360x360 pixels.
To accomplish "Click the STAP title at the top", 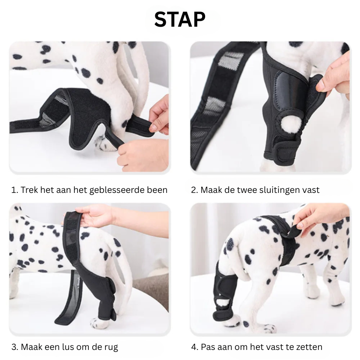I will [180, 19].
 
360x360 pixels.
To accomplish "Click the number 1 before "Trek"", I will [14, 190].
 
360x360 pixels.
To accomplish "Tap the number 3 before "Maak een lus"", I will [14, 347].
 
